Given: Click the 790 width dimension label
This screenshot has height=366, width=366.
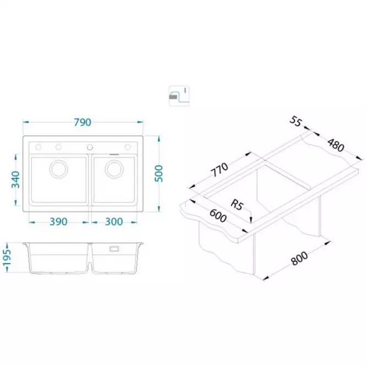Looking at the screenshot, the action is pyautogui.click(x=83, y=122).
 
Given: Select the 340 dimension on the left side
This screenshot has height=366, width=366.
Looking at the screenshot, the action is pyautogui.click(x=16, y=179).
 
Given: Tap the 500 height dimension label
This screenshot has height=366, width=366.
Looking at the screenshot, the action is pyautogui.click(x=159, y=174).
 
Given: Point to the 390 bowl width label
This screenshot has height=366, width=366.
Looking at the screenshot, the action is pyautogui.click(x=58, y=222).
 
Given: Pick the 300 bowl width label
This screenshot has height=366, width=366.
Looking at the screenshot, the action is pyautogui.click(x=114, y=222).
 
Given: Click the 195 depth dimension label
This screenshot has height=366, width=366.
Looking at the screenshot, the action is pyautogui.click(x=7, y=258).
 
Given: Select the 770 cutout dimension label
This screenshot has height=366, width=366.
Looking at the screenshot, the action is pyautogui.click(x=219, y=170).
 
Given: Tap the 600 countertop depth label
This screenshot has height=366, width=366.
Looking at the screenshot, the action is pyautogui.click(x=218, y=216).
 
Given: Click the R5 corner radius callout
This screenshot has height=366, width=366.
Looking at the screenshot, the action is pyautogui.click(x=237, y=205).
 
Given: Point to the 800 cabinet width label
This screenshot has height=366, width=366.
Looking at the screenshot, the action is pyautogui.click(x=299, y=258).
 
